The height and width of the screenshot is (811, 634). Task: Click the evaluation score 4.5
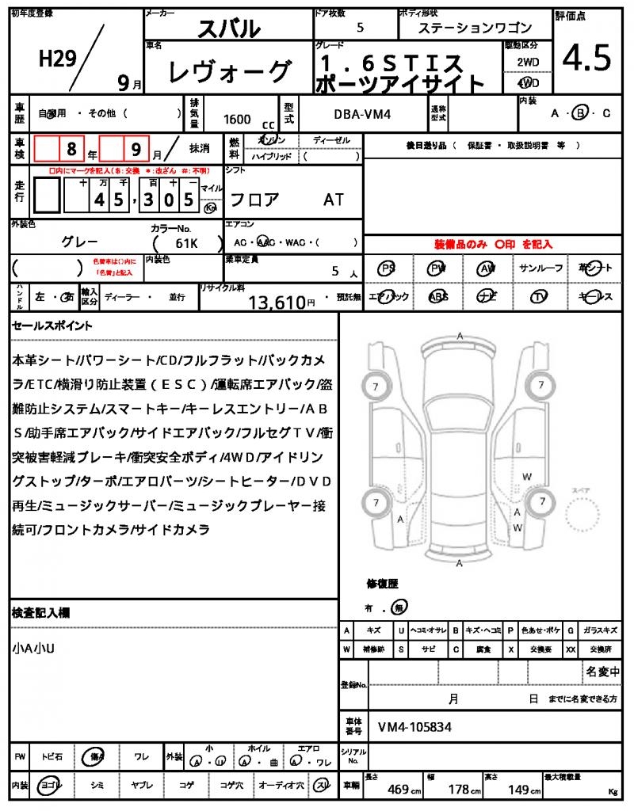[x=586, y=58]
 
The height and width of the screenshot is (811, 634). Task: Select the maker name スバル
[x=227, y=29]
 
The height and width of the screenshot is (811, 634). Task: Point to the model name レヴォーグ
[x=230, y=72]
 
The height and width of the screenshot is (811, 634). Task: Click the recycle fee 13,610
[x=277, y=301]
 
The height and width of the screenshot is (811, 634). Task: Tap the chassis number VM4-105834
[x=414, y=726]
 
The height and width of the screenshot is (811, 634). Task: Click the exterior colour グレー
[x=80, y=242]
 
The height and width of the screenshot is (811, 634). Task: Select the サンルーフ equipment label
[x=541, y=268]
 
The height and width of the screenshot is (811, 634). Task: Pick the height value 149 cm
[x=522, y=789]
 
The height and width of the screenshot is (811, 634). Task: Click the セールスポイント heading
[x=52, y=326]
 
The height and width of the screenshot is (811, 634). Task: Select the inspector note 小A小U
[x=34, y=648]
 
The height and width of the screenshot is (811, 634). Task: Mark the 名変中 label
[x=602, y=672]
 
